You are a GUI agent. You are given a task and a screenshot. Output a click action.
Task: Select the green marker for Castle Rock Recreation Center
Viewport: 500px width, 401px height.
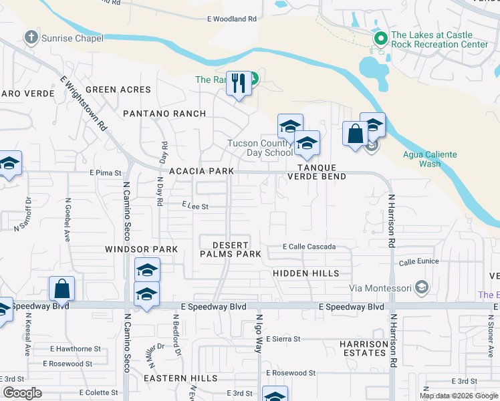pos(380,39)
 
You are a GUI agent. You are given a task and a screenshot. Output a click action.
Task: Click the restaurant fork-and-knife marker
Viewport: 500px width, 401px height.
pos(238,84)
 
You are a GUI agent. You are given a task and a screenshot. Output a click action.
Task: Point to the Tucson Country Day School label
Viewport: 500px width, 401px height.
pos(260,148)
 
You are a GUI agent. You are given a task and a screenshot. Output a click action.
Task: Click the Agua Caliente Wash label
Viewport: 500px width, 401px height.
pos(430,159)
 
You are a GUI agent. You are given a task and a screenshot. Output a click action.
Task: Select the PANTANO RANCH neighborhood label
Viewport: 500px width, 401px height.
pos(164,114)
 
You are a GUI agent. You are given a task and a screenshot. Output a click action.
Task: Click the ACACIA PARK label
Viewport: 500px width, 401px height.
pos(201,171)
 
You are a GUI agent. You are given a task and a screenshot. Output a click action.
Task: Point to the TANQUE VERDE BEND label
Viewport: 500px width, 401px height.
pos(316,172)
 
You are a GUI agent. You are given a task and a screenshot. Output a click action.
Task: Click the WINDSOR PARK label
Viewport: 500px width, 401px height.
pos(141,249)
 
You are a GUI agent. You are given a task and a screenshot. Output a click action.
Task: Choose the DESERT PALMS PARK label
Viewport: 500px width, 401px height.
pos(231,249)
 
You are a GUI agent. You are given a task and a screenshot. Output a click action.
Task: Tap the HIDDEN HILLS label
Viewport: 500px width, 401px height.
pos(305,273)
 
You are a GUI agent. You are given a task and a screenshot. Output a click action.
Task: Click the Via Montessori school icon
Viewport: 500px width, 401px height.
pos(421,288)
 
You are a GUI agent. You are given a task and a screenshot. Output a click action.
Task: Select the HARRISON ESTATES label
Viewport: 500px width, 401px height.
pos(364,348)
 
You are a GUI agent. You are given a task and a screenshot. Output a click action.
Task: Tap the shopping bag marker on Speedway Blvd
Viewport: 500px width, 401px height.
pos(61,290)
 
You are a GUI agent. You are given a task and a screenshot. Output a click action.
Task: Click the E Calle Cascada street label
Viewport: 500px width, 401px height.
pos(309,247)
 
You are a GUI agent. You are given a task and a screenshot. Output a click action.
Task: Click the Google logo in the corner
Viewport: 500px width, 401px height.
pos(23,394)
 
